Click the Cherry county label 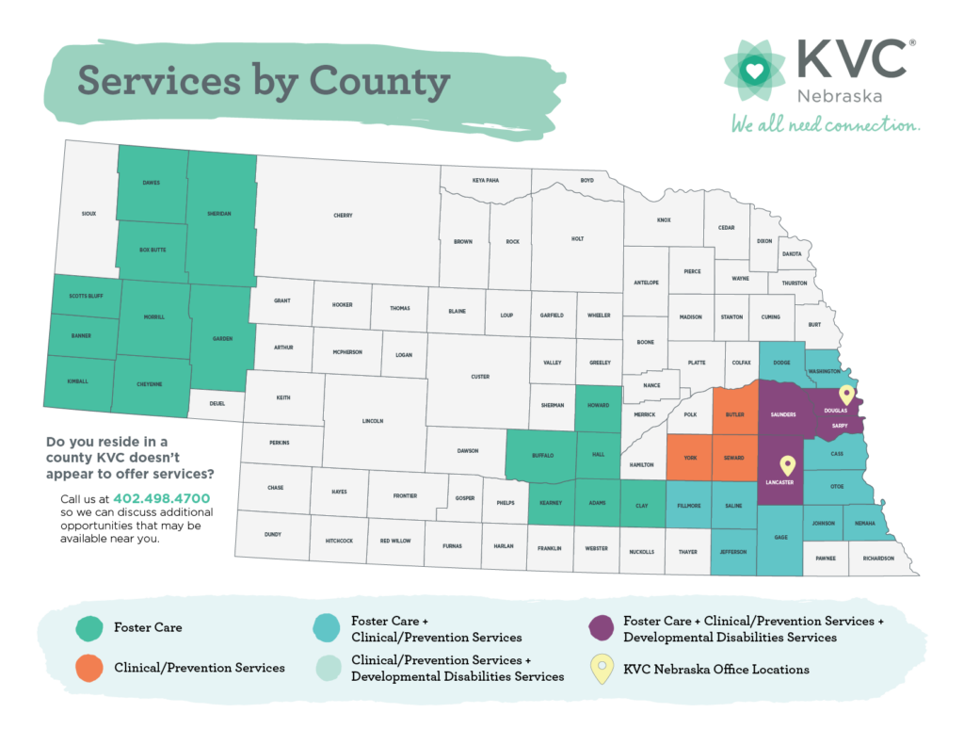point(343,216)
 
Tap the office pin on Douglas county point(846,396)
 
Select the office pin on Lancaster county point(787,464)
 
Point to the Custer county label point(480,377)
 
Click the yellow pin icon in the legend point(602,670)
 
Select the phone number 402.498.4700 point(160,498)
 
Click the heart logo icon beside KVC point(751,69)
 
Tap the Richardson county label point(877,559)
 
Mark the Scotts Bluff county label point(86,296)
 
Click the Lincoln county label point(372,421)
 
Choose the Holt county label point(578,239)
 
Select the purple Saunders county point(783,414)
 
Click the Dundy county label point(273,534)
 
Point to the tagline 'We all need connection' point(825,125)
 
